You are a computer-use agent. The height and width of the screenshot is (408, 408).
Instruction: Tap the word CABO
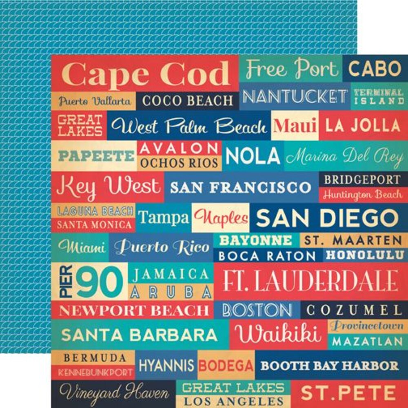[375, 69]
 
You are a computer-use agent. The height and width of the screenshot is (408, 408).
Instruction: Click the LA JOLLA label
[363, 126]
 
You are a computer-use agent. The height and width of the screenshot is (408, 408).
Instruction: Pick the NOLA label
[253, 155]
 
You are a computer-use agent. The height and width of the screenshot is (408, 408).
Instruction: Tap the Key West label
[108, 186]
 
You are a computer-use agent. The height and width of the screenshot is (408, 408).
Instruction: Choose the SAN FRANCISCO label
[241, 187]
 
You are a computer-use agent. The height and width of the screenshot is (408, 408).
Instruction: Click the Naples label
[221, 217]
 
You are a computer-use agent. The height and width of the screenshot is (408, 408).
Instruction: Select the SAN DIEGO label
[327, 218]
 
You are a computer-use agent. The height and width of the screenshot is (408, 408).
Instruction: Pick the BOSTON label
[257, 310]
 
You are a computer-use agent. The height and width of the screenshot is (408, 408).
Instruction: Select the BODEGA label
[226, 365]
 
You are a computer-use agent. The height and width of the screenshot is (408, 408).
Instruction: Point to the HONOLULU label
[365, 255]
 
